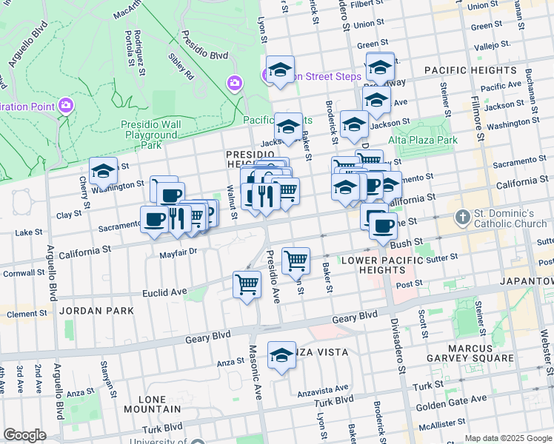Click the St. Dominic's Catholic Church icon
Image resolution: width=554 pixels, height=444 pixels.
click(x=463, y=218)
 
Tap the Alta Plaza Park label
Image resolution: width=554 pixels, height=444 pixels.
click(x=423, y=139)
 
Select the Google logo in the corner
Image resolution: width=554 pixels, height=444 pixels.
click(x=24, y=434)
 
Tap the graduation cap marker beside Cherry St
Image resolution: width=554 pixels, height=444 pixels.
click(x=103, y=171)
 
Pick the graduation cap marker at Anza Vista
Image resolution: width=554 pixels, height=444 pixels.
click(x=281, y=356)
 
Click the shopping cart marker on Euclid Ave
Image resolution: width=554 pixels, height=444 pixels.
click(x=247, y=284)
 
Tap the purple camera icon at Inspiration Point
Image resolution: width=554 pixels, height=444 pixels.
click(x=66, y=106)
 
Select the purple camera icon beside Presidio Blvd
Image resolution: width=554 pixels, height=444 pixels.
click(x=236, y=81)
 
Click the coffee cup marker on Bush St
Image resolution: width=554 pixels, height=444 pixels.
click(x=383, y=226)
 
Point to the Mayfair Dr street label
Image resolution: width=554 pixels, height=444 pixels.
click(x=178, y=252)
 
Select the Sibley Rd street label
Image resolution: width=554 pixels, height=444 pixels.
click(x=180, y=65)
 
